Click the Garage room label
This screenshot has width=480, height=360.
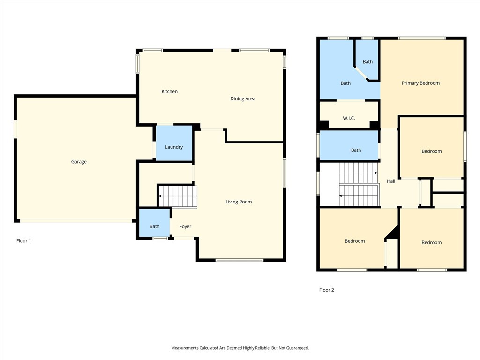pyautogui.click(x=79, y=162)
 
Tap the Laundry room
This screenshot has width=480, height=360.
pyautogui.click(x=174, y=147)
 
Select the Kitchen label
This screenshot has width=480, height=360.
pyautogui.click(x=169, y=91)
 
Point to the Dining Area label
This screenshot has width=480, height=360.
pyautogui.click(x=242, y=98)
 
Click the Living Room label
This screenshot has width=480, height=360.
pyautogui.click(x=239, y=202)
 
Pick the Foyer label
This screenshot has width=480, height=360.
pyautogui.click(x=185, y=226)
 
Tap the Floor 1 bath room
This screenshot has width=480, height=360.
pyautogui.click(x=155, y=226)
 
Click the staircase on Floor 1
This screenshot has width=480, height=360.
pyautogui.click(x=178, y=196)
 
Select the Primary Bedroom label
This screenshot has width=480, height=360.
pyautogui.click(x=420, y=83)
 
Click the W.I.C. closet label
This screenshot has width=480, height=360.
pyautogui.click(x=349, y=118)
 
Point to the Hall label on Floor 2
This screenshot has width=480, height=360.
pyautogui.click(x=390, y=181)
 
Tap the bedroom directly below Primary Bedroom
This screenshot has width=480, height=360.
pyautogui.click(x=431, y=151)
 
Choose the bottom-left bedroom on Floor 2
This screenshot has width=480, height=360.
pyautogui.click(x=354, y=241)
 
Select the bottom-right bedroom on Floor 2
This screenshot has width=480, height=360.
pyautogui.click(x=431, y=242)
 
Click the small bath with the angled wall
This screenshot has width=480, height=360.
pyautogui.click(x=367, y=61)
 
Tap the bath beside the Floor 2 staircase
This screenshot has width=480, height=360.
pyautogui.click(x=356, y=150)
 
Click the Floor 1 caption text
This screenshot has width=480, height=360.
pyautogui.click(x=23, y=240)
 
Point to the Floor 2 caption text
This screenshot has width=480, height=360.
pyautogui.click(x=326, y=290)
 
